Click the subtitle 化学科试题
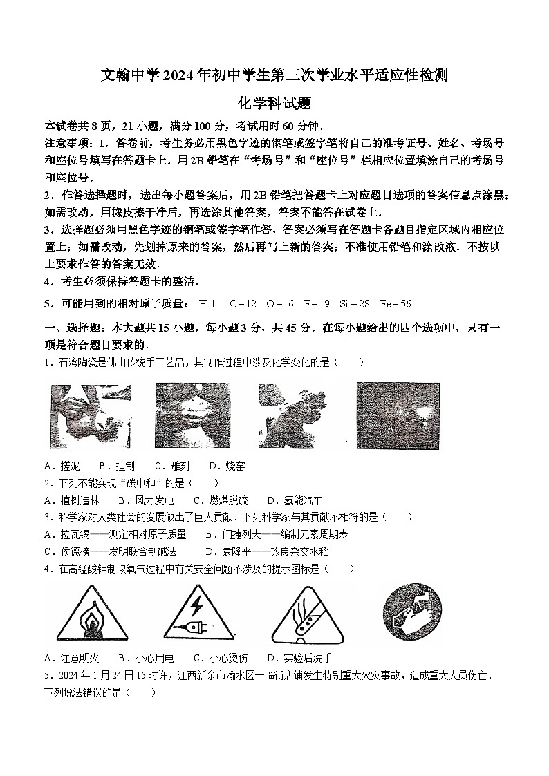(x=274, y=104)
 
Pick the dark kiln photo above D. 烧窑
(x=398, y=415)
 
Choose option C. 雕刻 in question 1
(x=171, y=466)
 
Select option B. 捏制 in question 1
(x=117, y=466)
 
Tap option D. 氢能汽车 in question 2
(x=295, y=500)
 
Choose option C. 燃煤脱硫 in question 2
(x=220, y=500)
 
